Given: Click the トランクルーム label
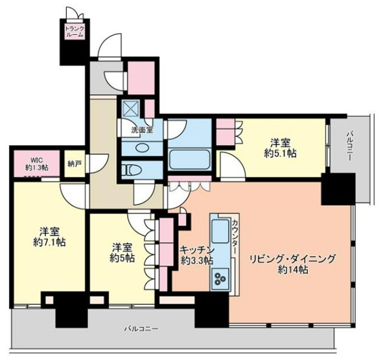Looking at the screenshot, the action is [x=75, y=31].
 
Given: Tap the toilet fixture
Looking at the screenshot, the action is [x=130, y=170].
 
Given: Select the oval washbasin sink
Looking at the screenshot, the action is [x=141, y=148].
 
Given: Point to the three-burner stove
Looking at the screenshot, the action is [x=220, y=278].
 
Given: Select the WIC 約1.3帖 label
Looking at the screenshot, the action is [x=37, y=164].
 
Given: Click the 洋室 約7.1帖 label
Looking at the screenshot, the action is [x=49, y=237].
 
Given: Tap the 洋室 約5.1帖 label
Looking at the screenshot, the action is [x=280, y=148].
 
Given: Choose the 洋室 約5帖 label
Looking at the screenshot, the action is [x=122, y=252].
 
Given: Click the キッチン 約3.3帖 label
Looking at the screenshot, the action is [x=197, y=255].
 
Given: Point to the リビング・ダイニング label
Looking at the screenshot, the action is [x=292, y=259].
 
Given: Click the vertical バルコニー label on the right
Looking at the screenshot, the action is [x=349, y=146].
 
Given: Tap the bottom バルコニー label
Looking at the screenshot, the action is [x=141, y=328].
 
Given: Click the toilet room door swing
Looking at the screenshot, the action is [x=145, y=194].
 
